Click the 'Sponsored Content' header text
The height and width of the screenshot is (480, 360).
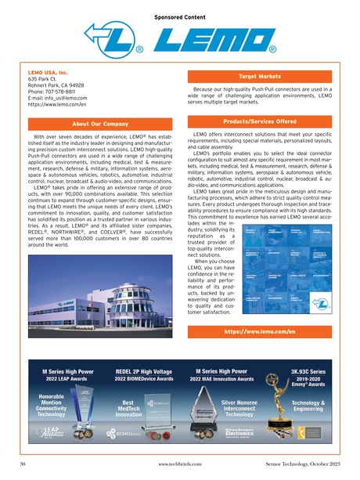tap(178, 15)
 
